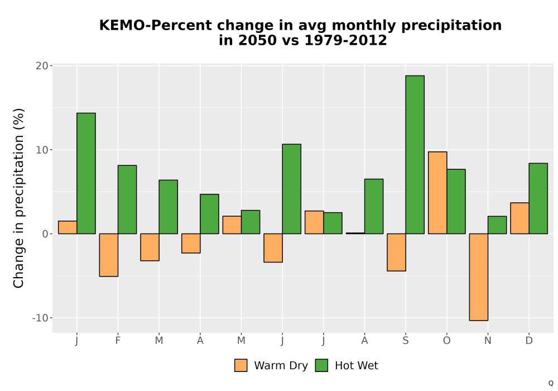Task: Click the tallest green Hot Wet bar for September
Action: [415, 155]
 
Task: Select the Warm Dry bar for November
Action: [479, 277]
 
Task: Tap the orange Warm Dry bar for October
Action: [437, 193]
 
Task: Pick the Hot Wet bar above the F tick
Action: [127, 199]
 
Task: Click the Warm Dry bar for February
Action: [109, 255]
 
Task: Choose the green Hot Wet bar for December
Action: [538, 198]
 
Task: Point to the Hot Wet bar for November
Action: [497, 225]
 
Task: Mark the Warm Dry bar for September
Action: [396, 252]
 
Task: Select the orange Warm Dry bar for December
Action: [519, 218]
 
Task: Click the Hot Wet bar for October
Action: [456, 202]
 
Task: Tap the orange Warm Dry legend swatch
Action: [241, 365]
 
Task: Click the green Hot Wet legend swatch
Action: [322, 365]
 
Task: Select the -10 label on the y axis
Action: [40, 318]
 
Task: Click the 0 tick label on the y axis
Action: [45, 234]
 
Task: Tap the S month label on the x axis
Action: [406, 341]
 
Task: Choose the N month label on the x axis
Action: [488, 341]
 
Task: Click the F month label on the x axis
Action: [118, 341]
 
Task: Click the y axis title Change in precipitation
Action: [18, 198]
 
